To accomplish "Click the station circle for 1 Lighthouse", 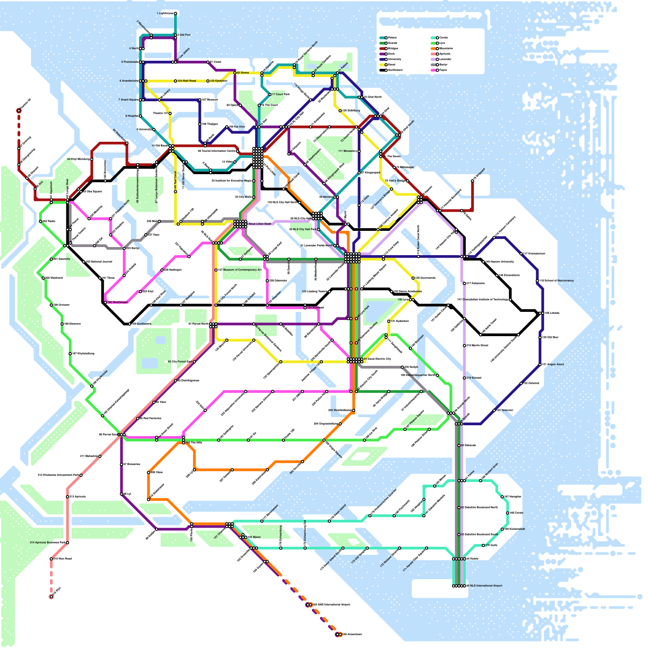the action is pos(175,13).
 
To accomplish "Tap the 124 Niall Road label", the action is pos(187,81).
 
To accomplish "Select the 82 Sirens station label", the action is pos(243,73).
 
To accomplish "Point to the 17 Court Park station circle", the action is pos(270,94).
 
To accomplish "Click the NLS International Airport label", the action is pos(486,586).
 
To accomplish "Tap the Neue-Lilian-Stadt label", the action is pos(260,224).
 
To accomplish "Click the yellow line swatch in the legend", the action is pos(382,65).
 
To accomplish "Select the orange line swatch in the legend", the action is pos(433,49).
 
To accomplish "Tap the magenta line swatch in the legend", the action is pos(433,70).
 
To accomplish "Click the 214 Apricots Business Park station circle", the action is pos(67,543).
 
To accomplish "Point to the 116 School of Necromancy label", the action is pos(556,281).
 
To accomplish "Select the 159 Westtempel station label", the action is pos(117,302).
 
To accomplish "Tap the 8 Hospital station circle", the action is pos(140,116).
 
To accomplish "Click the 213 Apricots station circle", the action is pos(67,497).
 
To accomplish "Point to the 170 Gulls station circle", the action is pos(483,546).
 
